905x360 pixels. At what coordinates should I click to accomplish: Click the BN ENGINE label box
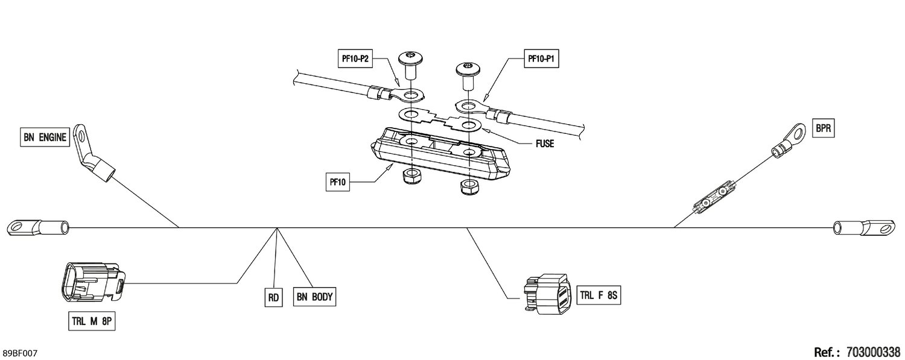point(45,137)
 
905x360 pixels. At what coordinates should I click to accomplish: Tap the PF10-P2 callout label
point(355,59)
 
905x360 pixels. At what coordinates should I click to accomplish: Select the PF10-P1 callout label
point(541,59)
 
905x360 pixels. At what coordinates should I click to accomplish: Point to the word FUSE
point(545,144)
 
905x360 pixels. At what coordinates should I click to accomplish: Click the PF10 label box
point(338,182)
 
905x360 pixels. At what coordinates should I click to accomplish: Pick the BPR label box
point(823,128)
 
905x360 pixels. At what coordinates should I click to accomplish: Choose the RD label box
point(273,298)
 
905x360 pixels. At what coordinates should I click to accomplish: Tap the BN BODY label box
point(314,297)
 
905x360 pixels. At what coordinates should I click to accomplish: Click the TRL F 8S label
point(599,295)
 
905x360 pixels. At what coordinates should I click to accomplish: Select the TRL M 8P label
point(92,321)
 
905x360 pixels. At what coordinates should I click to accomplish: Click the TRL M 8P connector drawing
point(93,282)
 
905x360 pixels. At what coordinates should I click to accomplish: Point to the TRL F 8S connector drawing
point(548,294)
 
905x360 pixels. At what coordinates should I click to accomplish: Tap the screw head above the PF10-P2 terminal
point(410,58)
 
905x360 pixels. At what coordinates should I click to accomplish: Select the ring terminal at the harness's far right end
point(864,227)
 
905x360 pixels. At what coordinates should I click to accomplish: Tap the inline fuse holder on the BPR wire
point(714,198)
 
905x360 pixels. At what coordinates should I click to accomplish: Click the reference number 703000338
point(873,352)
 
